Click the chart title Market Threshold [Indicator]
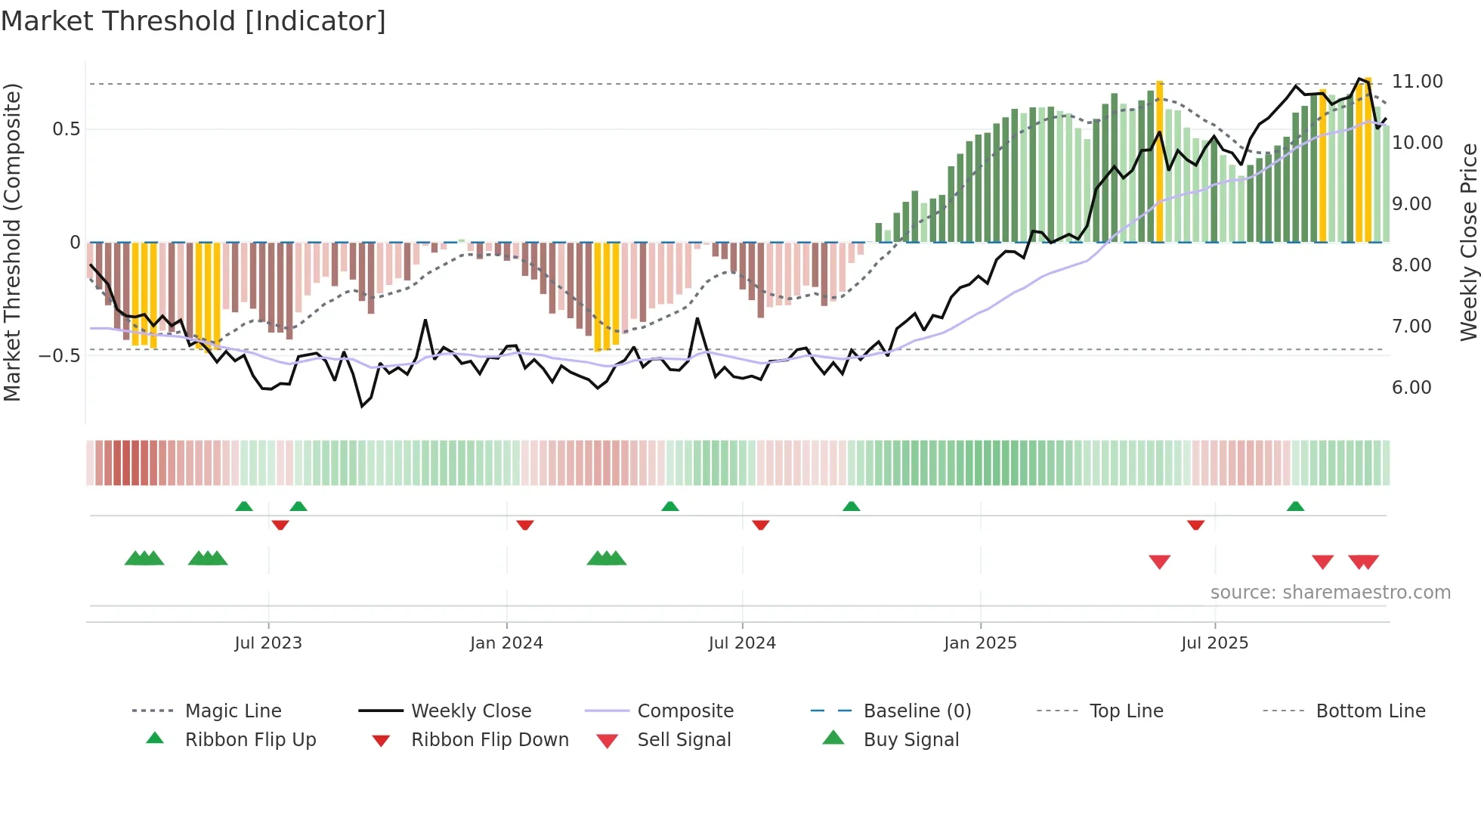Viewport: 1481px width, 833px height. [193, 21]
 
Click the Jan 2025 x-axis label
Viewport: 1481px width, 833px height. [980, 643]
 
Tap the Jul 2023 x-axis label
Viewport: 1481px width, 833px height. [268, 643]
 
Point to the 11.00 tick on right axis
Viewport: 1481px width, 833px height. [1417, 82]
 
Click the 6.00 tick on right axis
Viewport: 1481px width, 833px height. [1411, 388]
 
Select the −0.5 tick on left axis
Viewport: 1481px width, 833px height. [60, 356]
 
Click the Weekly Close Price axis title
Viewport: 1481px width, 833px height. [1468, 242]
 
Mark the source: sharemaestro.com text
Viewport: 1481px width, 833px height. [1330, 593]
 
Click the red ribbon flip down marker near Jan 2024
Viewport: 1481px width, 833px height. [525, 525]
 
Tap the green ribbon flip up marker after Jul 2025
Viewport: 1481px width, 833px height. [1295, 506]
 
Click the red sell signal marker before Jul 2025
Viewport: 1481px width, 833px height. [1159, 562]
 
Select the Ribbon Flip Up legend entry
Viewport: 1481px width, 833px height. [250, 740]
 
